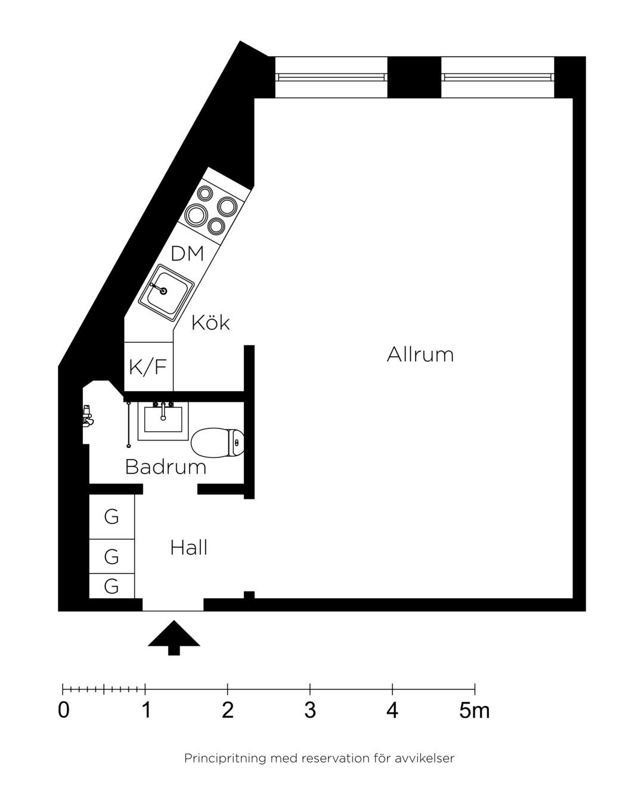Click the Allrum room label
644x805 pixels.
(x=420, y=354)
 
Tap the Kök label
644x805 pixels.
(x=210, y=323)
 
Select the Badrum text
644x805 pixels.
(x=166, y=466)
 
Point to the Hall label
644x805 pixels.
(x=188, y=547)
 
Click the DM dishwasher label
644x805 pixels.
(x=187, y=253)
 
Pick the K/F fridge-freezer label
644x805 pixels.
(x=148, y=367)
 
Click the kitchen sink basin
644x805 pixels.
(x=166, y=293)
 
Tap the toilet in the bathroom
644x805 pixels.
(x=218, y=443)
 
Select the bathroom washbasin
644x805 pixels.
(x=163, y=421)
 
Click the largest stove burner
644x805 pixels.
(x=196, y=215)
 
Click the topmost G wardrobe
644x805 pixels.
(x=112, y=516)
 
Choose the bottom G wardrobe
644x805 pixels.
(x=112, y=586)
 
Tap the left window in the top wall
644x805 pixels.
(x=331, y=78)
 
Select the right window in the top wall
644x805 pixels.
(x=497, y=78)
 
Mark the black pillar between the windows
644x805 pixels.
(x=414, y=78)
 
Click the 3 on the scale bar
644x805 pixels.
(x=310, y=710)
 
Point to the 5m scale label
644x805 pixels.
(x=474, y=710)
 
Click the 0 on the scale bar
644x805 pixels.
(x=64, y=710)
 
